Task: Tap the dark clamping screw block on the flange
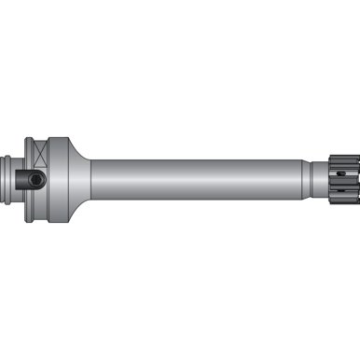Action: tap(35, 177)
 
